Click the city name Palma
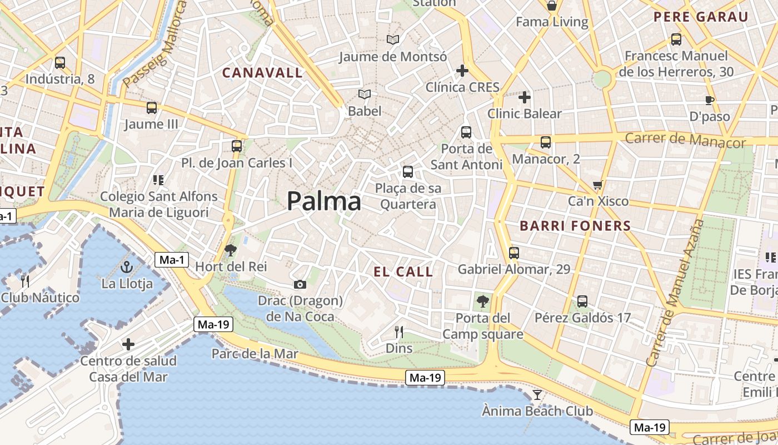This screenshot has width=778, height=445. [x=324, y=201]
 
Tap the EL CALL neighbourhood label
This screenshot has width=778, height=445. [x=403, y=271]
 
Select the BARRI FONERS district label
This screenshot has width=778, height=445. [x=575, y=226]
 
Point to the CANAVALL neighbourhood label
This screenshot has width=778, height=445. [x=263, y=72]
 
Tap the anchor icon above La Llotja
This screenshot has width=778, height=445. [x=127, y=268]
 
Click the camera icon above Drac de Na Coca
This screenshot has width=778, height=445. [x=300, y=285]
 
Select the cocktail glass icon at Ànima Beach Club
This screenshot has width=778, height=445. [x=537, y=395]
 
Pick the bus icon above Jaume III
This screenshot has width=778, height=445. [x=151, y=108]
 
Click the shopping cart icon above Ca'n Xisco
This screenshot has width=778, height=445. [x=598, y=185]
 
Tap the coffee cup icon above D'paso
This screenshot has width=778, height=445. [x=709, y=101]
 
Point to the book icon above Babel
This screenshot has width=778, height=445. [x=365, y=95]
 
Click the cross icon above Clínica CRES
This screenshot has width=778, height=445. [x=462, y=71]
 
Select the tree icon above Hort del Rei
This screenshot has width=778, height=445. [x=230, y=250]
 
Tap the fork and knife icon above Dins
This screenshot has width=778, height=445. [x=398, y=332]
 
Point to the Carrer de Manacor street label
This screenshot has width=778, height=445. [x=685, y=140]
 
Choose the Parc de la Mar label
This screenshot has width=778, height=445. [x=255, y=353]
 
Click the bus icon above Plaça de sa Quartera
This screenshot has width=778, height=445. [x=408, y=172]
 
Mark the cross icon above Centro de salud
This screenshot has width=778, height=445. [x=128, y=344]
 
